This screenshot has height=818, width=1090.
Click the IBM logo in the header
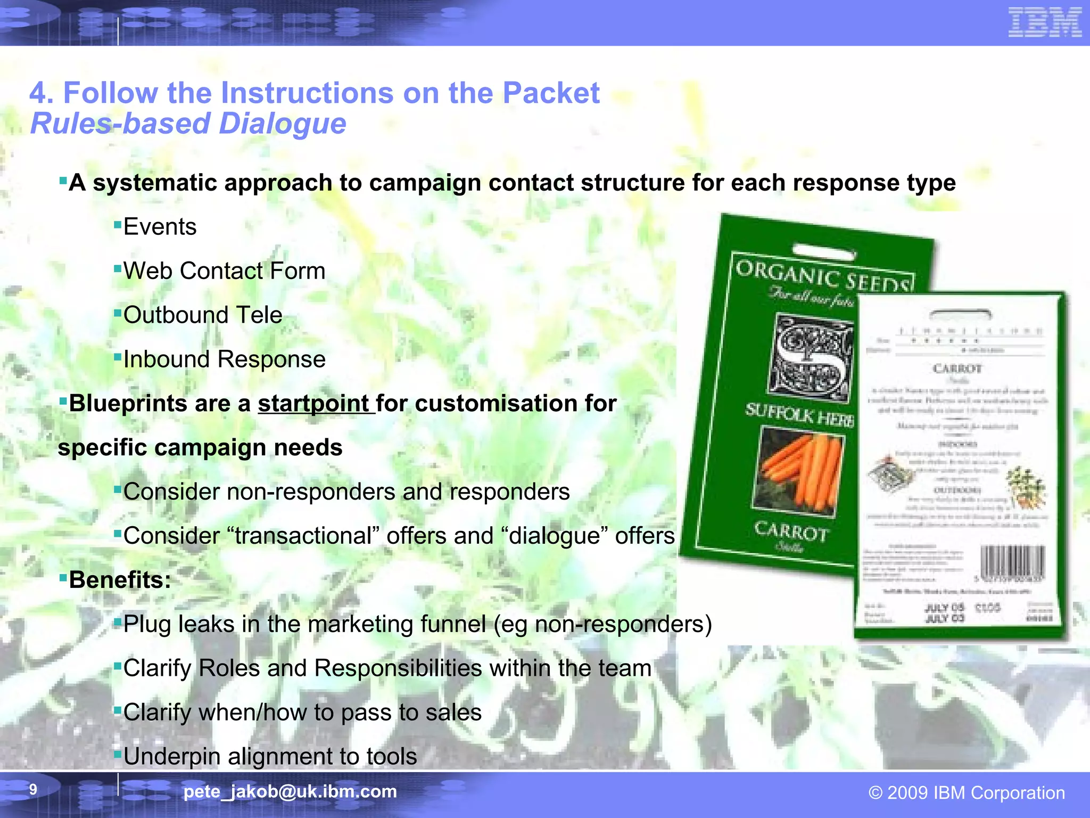(x=1045, y=22)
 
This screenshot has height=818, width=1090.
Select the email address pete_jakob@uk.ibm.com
(x=290, y=791)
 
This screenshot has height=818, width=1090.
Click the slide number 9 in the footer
(x=33, y=789)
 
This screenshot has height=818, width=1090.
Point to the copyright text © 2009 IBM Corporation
(x=967, y=792)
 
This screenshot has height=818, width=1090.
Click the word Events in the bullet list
(x=160, y=227)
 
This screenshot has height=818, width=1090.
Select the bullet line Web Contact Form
(x=224, y=271)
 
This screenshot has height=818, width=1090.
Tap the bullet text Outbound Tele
(x=203, y=315)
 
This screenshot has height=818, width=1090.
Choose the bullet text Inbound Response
(x=224, y=359)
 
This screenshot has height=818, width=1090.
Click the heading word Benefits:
(x=120, y=580)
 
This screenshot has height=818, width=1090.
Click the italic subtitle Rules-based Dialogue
(x=188, y=124)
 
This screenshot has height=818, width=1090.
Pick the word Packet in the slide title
(x=551, y=93)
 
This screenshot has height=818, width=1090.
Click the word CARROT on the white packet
(x=957, y=369)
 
